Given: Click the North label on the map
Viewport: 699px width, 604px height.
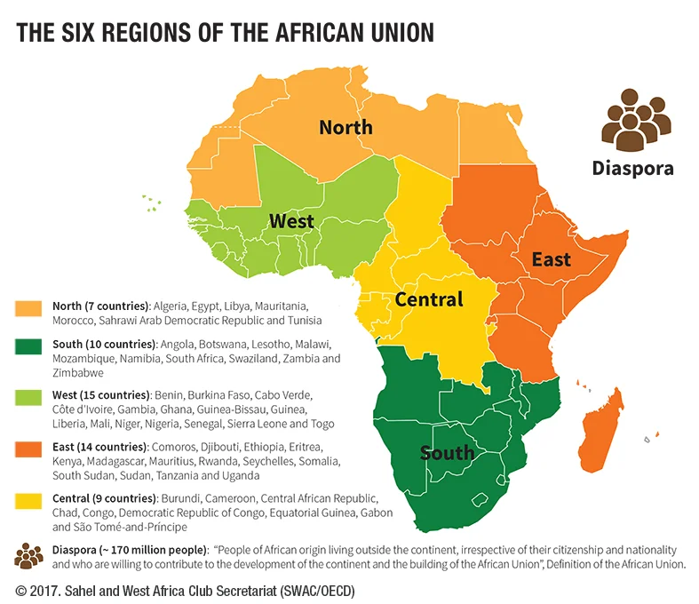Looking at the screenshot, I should (x=346, y=128).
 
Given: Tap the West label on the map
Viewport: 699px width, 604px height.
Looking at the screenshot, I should (x=291, y=220).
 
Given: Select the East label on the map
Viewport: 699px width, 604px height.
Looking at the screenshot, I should (x=551, y=259).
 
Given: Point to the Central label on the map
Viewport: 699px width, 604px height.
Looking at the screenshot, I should (x=429, y=299).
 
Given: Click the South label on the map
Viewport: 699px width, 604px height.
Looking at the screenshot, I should (x=447, y=453).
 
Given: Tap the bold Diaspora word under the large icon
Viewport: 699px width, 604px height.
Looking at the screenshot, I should (x=633, y=168).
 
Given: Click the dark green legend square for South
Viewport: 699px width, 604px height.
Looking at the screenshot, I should (x=28, y=348).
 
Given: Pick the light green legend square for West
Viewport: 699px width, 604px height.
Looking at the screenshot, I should (x=28, y=400).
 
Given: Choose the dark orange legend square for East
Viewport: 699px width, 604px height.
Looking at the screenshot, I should (x=28, y=451).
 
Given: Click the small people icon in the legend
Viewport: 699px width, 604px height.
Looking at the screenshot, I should (x=28, y=556).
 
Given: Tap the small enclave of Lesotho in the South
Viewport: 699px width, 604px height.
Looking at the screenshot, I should (x=483, y=501).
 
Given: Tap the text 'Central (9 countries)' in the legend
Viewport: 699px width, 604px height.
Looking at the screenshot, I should (x=105, y=497).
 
